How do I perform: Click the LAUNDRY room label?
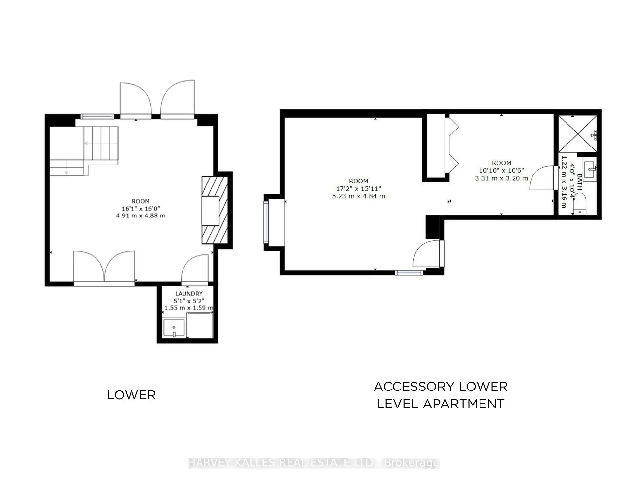point(189,294)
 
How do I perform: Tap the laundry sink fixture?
point(174,328)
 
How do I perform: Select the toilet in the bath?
point(580,204)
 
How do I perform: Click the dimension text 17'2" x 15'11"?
point(358,189)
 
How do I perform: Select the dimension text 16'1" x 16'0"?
point(141,209)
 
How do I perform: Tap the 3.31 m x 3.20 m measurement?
point(501,178)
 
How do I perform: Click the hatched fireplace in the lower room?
point(215,210)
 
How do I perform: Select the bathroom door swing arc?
point(542,178)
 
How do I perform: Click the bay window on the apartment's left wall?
point(266,222)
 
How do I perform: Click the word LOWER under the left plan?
point(131,395)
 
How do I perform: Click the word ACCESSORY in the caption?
point(414,387)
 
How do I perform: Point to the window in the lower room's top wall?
point(97,116)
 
